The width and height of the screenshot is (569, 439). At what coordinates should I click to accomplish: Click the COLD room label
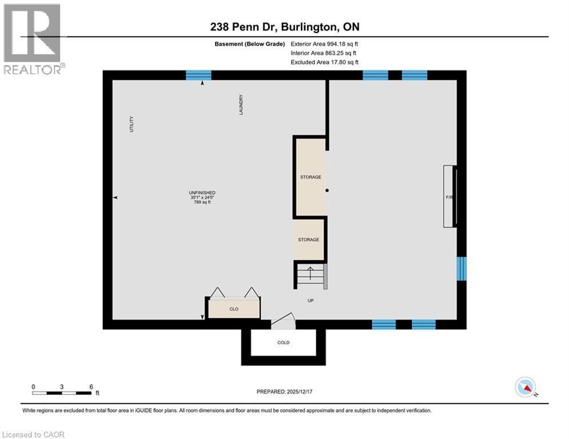pos(283,342)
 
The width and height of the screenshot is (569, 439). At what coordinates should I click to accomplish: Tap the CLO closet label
pos(234,309)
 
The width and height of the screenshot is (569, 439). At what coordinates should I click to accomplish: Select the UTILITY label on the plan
pos(131,125)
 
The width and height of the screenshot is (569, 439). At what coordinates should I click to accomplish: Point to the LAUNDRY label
pos(241,105)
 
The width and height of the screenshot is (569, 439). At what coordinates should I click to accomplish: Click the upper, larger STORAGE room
pos(311,177)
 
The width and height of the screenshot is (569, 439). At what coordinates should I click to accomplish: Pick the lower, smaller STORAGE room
pos(309,240)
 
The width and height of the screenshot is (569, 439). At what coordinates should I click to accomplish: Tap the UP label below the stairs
pos(311,300)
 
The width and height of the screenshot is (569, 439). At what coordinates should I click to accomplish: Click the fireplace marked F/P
pos(451,197)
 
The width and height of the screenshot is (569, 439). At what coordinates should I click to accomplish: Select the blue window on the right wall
pos(461,269)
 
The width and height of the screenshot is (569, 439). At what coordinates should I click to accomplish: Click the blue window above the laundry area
pos(198,75)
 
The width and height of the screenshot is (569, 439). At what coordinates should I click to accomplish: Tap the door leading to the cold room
pos(283,322)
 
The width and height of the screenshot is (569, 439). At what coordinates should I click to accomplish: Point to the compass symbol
pos(525,388)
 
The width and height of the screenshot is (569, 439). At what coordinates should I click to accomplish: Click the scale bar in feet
pos(62,392)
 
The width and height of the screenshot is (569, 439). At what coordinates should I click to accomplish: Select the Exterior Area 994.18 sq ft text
pos(324,43)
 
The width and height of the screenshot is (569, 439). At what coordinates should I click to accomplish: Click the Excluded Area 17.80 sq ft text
pos(324,62)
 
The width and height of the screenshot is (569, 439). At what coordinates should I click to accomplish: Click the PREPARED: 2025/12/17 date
pos(284,392)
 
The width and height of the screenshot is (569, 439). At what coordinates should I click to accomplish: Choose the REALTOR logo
pos(34,39)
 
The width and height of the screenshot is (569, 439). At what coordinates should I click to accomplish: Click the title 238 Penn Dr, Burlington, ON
pos(284,27)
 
